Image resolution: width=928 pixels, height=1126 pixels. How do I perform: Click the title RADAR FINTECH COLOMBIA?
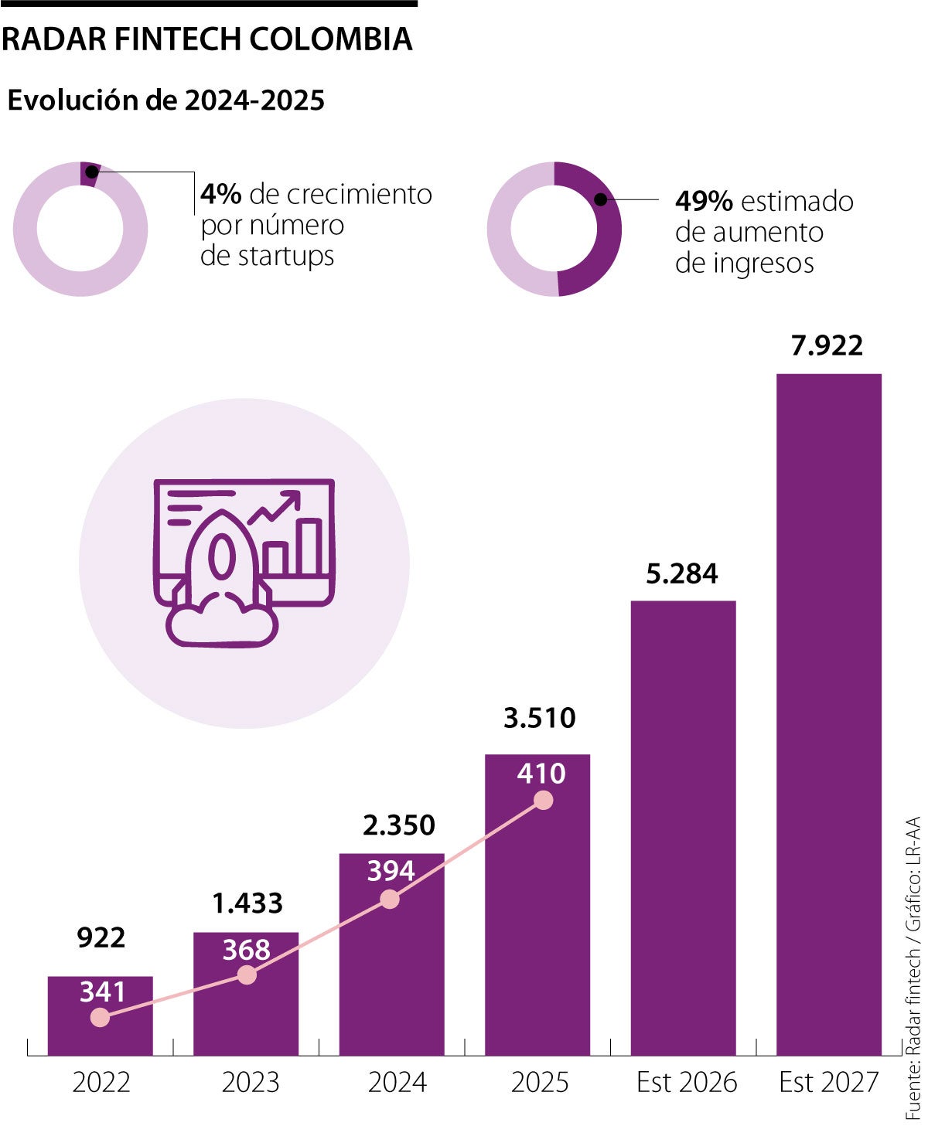click(x=206, y=39)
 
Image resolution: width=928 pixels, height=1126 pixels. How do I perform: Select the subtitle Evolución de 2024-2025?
click(x=165, y=100)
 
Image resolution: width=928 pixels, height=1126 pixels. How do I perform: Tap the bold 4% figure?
click(x=221, y=194)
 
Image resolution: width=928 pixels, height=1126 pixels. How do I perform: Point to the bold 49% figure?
click(x=704, y=202)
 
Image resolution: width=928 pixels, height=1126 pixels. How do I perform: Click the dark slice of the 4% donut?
click(x=90, y=173)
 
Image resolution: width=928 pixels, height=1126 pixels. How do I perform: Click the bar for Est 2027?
click(x=828, y=711)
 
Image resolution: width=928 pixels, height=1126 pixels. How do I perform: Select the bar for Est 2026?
click(x=683, y=827)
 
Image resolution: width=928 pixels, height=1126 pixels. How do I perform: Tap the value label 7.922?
click(x=827, y=345)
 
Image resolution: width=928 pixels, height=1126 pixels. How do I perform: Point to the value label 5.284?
click(x=681, y=574)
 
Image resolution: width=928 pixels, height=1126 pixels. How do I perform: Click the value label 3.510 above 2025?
click(x=539, y=718)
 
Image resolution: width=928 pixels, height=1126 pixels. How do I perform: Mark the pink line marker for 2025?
click(x=544, y=801)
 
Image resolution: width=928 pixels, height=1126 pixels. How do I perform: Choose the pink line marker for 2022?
click(x=100, y=1018)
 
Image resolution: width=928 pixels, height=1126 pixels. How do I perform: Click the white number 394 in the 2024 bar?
click(x=391, y=871)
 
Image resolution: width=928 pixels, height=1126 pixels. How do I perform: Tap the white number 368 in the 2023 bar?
click(x=246, y=950)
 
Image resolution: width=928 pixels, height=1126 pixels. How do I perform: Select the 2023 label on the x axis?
click(x=250, y=1082)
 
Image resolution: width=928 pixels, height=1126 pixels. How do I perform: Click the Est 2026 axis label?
click(x=686, y=1082)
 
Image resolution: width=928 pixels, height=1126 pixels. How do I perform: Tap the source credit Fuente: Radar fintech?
click(x=913, y=1043)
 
